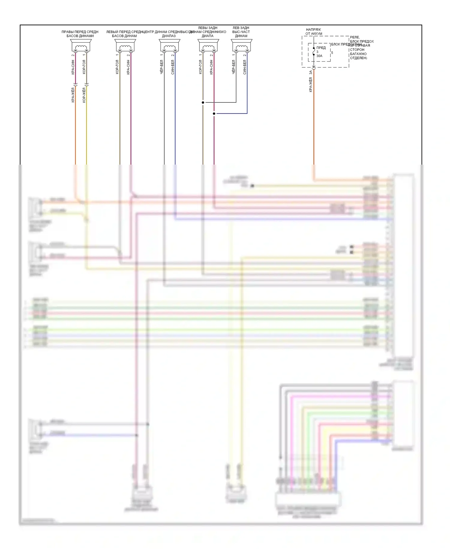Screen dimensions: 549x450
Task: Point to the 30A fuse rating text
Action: tap(319, 56)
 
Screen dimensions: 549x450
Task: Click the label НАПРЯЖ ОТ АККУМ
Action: tap(313, 32)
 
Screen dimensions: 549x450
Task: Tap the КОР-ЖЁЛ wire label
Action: tap(84, 95)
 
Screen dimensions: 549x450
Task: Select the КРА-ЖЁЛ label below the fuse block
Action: tap(311, 84)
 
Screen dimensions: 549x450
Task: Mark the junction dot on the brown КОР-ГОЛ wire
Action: tap(203, 102)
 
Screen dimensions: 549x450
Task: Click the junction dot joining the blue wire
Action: tap(214, 114)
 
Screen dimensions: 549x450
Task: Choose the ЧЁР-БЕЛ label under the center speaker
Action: tap(162, 67)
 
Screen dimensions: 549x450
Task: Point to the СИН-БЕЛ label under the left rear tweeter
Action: tap(245, 67)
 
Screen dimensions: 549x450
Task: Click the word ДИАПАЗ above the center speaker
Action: tap(169, 36)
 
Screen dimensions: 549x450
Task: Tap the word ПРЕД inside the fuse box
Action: tap(321, 48)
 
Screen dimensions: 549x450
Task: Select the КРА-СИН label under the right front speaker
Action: tap(73, 67)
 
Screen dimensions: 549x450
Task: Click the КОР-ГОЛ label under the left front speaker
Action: tap(117, 67)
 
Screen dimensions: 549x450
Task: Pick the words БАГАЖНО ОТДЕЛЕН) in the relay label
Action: tap(358, 56)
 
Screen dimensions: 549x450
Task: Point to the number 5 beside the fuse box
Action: tap(332, 53)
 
